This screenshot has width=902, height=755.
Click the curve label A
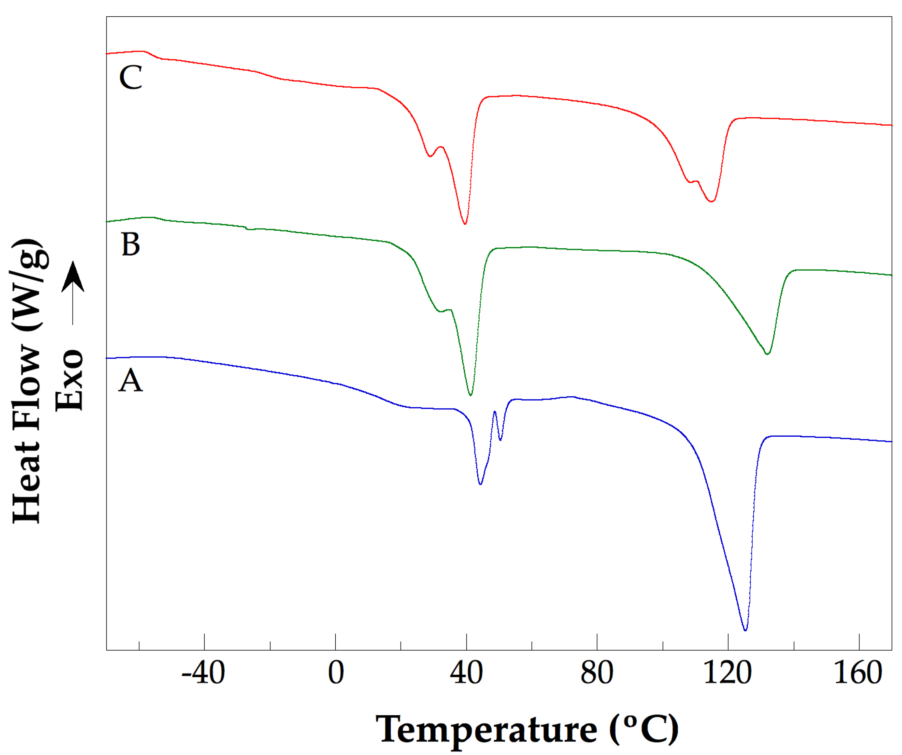[130, 381]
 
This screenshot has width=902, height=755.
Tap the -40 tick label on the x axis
[203, 673]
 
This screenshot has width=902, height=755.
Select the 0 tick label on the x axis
[335, 673]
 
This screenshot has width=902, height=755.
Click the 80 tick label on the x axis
[597, 673]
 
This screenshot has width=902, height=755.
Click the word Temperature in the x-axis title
[486, 730]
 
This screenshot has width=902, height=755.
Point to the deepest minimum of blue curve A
[745, 630]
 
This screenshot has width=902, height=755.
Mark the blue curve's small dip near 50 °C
[500, 440]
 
